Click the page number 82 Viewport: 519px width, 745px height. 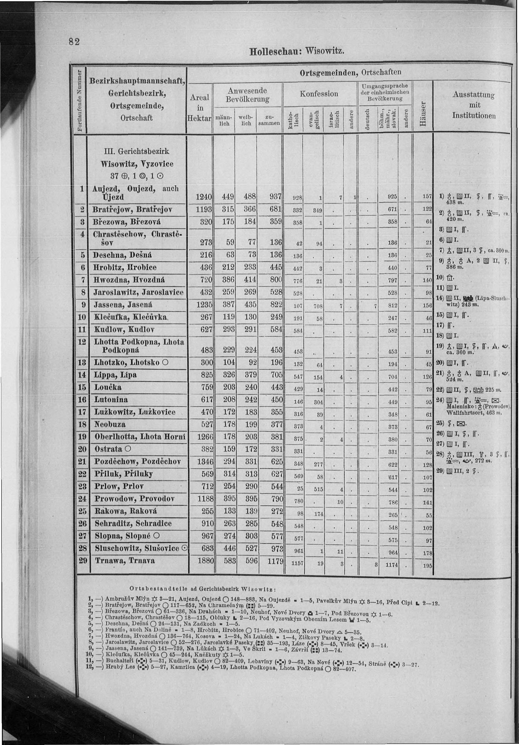tap(74, 42)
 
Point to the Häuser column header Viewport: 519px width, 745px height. tap(422, 115)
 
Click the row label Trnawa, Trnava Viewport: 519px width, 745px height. tap(125, 560)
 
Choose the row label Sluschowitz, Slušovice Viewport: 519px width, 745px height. tap(137, 548)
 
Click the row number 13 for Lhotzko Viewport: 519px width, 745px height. tap(82, 362)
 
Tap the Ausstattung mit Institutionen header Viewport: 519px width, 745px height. tap(473, 105)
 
